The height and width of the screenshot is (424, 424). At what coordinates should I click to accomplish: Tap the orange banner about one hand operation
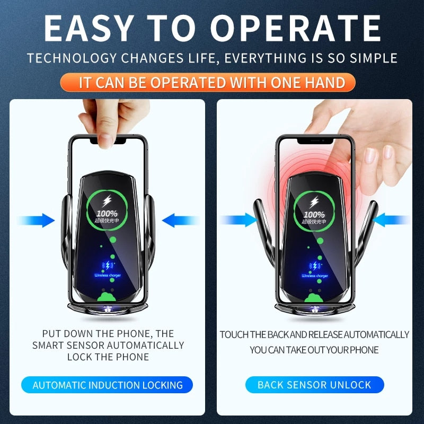click(212, 82)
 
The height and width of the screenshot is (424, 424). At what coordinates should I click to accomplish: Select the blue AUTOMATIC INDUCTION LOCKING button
click(108, 385)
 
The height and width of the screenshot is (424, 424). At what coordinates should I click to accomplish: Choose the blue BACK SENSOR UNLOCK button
click(314, 385)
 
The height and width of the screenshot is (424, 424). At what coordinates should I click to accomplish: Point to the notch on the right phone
click(315, 142)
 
